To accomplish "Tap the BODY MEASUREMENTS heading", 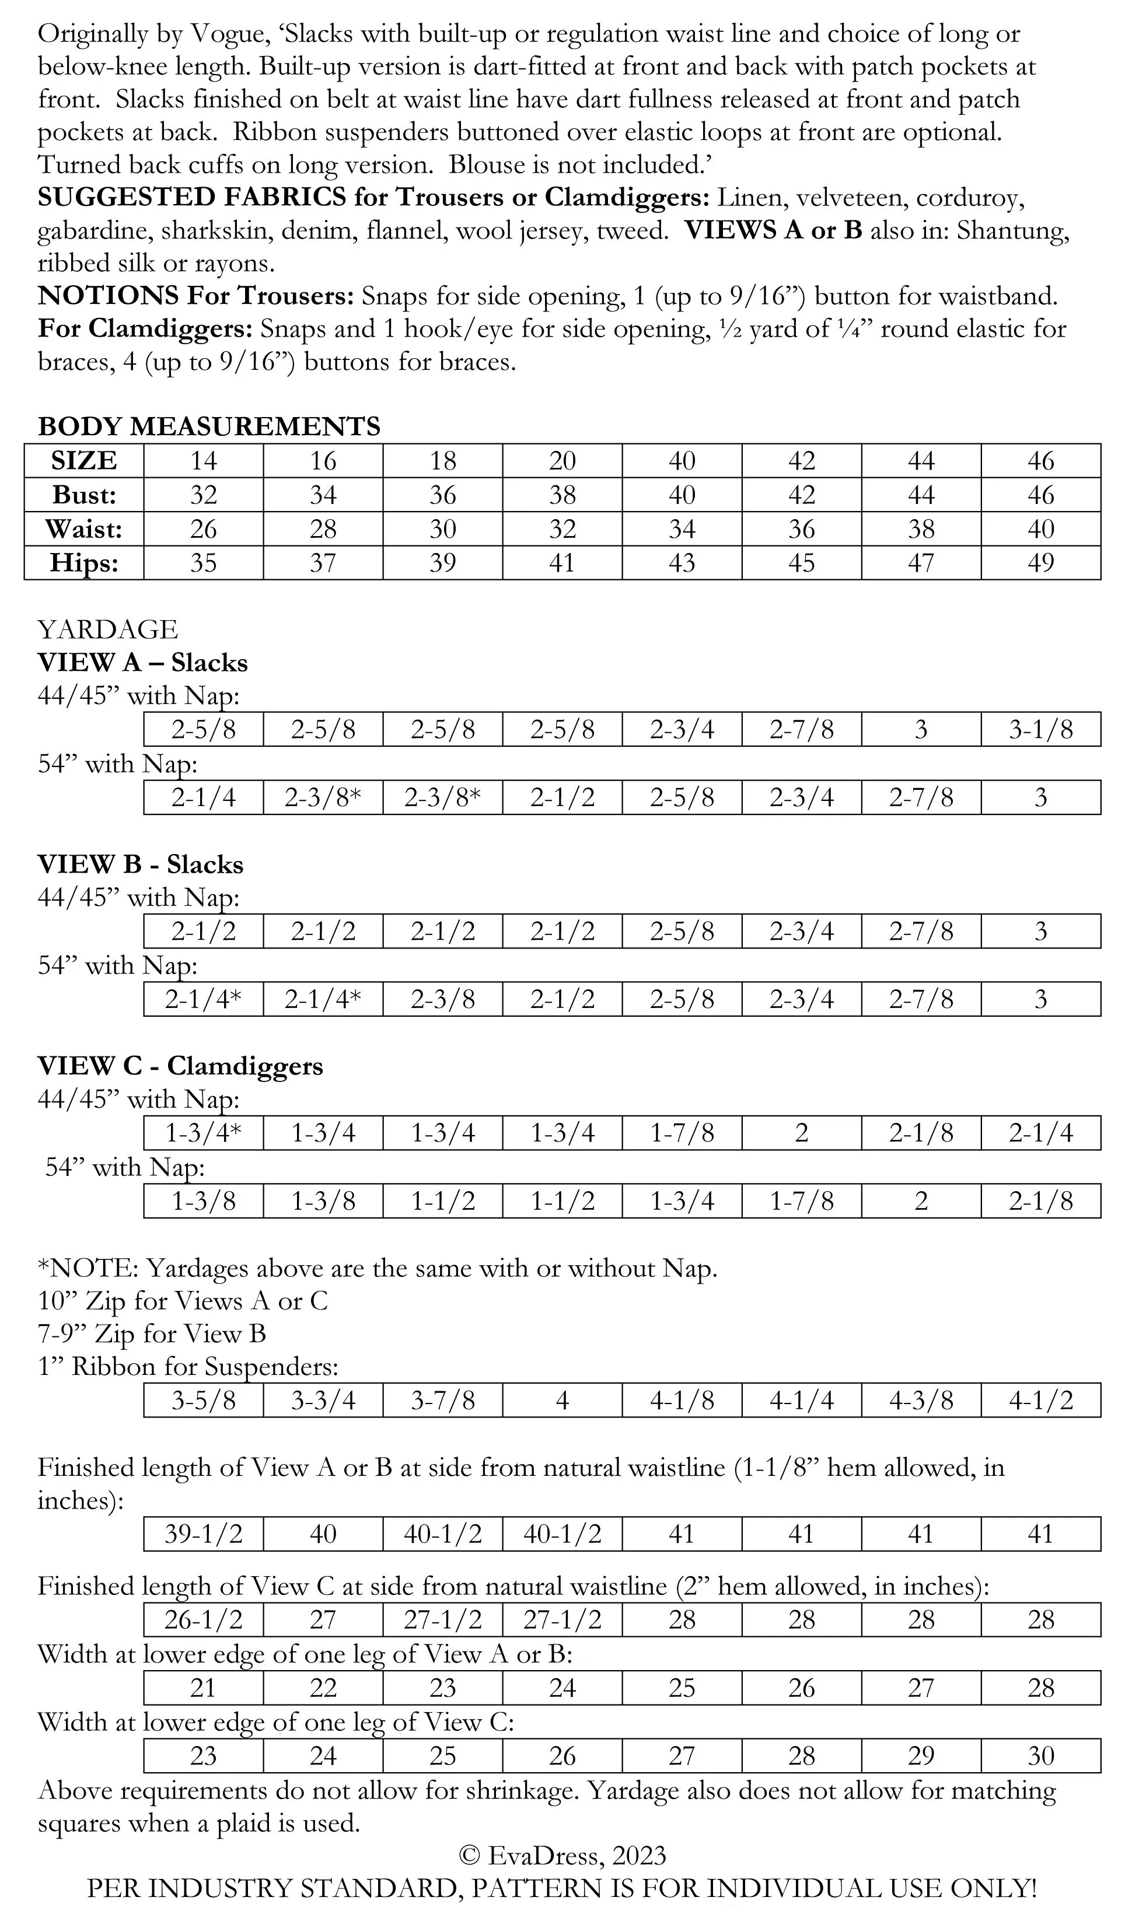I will (209, 426).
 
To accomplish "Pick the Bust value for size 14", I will (204, 495).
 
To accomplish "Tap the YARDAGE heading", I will (107, 629).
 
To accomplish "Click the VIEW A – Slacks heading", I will (143, 663).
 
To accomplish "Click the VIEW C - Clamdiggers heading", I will (180, 1066).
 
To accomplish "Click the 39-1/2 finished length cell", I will (204, 1535).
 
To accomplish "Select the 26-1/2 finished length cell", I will (204, 1620).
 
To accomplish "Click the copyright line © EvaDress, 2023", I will (562, 1856).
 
